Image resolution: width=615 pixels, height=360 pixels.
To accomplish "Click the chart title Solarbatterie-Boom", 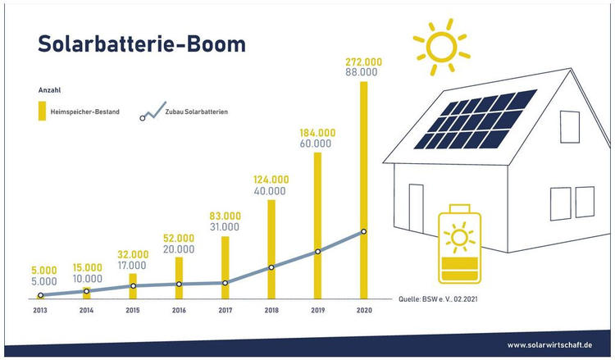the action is coord(142,43).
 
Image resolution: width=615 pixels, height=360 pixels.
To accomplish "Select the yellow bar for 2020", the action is coord(363,190).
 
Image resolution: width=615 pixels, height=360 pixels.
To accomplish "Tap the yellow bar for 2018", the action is coord(271,249).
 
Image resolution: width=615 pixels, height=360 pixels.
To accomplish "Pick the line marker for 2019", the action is coord(317,252).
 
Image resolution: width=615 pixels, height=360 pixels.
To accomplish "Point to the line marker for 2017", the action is coord(225,283).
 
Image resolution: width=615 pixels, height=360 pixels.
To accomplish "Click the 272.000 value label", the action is coord(363,62).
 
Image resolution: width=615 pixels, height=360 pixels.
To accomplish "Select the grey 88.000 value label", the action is coord(362,72).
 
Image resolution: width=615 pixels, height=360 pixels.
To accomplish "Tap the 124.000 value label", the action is coord(271,180).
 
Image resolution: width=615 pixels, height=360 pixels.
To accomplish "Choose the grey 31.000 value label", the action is coord(225,226).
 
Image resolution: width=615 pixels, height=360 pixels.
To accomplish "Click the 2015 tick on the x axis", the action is coord(133,310).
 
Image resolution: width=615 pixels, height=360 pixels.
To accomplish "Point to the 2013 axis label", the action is coord(40,310).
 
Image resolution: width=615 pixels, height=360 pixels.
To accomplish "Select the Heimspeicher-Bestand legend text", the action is coord(84,112).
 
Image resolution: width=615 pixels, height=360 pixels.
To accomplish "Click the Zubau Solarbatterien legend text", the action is coord(197,112).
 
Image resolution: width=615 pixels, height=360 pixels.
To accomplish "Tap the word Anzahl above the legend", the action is coord(49,90).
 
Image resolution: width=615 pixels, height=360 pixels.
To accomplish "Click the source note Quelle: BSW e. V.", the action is coord(438,299).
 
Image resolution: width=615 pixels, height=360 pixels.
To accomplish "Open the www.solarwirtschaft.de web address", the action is coord(549,345).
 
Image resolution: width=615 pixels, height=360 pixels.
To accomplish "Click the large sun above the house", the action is coord(442,47).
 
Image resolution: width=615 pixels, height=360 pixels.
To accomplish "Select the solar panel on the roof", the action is coord(476,119).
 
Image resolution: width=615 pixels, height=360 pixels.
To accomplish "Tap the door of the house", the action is coord(416,207).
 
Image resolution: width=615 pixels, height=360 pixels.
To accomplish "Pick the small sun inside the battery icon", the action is coord(459,237).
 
